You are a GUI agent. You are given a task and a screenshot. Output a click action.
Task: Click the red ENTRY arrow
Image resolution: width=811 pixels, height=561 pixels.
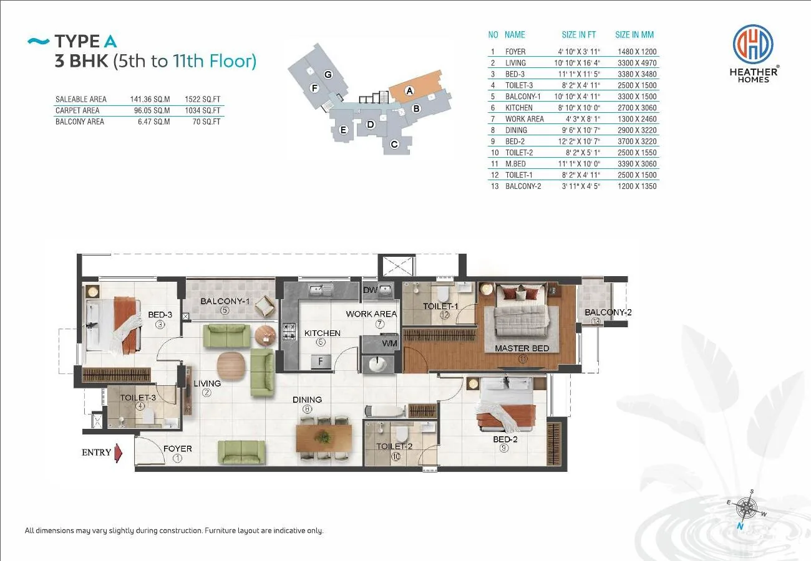tap(119, 453)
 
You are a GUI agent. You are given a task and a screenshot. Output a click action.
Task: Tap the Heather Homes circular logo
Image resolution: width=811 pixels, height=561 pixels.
tap(753, 44)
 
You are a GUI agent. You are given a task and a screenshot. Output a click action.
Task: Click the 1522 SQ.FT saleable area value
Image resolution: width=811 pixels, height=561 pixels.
tap(202, 99)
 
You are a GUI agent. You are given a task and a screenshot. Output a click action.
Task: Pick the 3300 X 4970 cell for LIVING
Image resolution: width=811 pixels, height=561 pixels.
tap(637, 63)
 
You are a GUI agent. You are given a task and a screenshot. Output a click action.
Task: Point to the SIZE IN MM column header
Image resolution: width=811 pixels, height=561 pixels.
tap(634, 35)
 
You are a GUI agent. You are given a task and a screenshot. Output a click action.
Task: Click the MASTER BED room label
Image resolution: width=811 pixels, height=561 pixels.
tap(522, 348)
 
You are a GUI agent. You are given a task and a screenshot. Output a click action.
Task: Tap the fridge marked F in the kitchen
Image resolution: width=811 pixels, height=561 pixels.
tap(321, 362)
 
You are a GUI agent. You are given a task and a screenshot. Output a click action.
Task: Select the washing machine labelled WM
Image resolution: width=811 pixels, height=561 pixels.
tap(380, 343)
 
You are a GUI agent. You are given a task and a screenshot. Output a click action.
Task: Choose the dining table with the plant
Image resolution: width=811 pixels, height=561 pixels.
tap(324, 438)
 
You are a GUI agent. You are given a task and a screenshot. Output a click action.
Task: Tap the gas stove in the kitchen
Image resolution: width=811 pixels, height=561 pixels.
tap(289, 332)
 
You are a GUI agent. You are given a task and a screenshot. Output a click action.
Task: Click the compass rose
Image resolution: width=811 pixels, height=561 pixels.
tap(747, 508)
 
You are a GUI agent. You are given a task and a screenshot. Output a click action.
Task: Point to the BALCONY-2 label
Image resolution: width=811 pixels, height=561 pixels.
tap(608, 312)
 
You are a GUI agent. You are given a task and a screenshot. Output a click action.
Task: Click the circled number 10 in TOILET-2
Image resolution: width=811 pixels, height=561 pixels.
tap(396, 456)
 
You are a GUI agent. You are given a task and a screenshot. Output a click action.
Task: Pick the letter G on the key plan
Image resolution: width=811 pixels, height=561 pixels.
tap(328, 75)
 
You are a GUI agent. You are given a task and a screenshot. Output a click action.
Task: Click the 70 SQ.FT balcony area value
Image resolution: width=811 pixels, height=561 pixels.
tap(206, 122)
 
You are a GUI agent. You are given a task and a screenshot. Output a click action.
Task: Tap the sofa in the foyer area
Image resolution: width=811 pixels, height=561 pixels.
tap(241, 453)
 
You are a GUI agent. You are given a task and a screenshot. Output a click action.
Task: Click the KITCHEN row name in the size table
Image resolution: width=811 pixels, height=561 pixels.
tap(519, 108)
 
